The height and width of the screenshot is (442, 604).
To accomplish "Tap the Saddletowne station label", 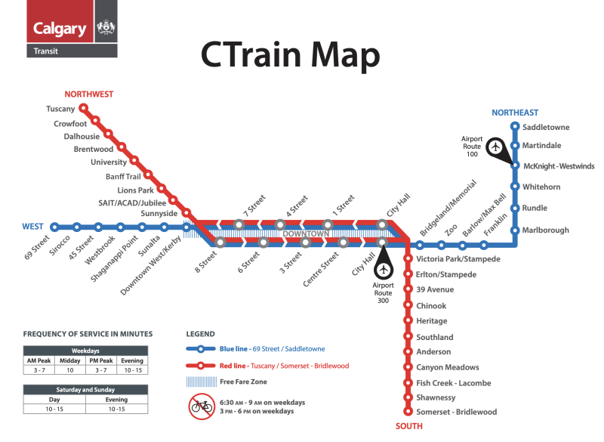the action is pos(546,127).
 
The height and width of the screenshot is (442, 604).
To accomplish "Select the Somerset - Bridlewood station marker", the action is pos(408,412).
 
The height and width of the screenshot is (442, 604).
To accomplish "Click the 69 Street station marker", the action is pos(54,227).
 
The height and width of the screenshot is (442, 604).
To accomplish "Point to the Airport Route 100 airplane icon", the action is pos(496,147).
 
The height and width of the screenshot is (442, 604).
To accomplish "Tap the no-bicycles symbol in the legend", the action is pos(202,406).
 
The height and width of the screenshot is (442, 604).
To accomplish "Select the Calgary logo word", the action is pos(60,29).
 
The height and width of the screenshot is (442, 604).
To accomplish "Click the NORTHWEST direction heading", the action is pos(88,94).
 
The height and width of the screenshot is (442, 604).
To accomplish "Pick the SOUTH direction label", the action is pos(408,427).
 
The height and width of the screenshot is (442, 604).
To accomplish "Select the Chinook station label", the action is pos(431,306).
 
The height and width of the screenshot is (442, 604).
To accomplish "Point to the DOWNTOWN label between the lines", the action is pos(307,234).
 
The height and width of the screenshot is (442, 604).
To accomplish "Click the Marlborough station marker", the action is pos(515,230).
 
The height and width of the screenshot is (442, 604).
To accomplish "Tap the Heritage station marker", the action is pos(408,321).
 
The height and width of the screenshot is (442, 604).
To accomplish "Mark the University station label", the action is pos(109,162).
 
